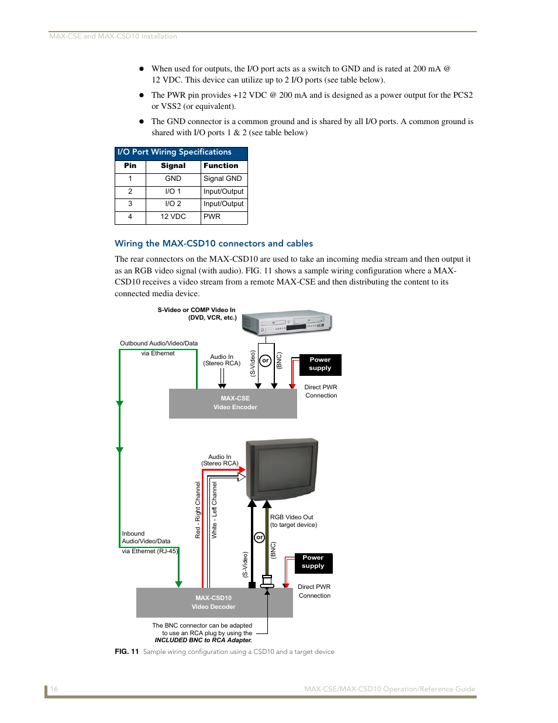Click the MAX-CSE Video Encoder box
tap(233, 403)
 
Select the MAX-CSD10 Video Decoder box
tap(214, 602)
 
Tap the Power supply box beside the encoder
tap(320, 365)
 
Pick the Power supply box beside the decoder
tap(314, 563)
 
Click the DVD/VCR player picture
tap(287, 322)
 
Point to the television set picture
tap(282, 469)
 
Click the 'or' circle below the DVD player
tap(265, 361)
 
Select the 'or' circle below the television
tap(259, 537)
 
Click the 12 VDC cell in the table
tap(173, 217)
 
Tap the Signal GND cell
tap(223, 179)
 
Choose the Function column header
tap(221, 166)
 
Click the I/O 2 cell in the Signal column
tap(173, 204)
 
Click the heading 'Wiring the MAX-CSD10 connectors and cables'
tap(213, 244)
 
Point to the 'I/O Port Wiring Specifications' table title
tap(174, 152)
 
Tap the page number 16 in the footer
tap(54, 688)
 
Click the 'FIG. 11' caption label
tap(126, 652)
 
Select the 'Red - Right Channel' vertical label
tap(198, 510)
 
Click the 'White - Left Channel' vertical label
tap(214, 510)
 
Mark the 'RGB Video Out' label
tap(291, 517)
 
